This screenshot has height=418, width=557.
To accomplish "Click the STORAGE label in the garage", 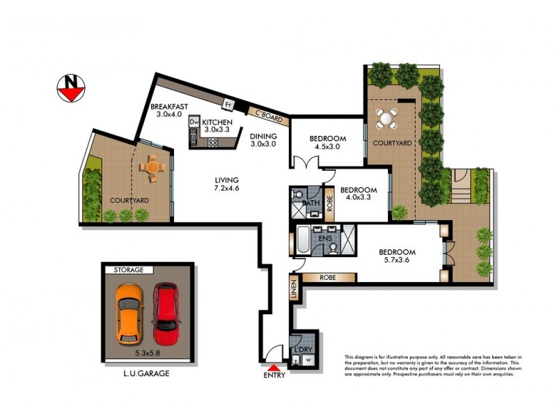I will [x=124, y=270].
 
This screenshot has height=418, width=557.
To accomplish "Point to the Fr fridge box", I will [x=227, y=106].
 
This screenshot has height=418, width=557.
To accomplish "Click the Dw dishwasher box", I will [x=194, y=122].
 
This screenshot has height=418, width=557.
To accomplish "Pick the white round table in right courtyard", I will [x=386, y=118].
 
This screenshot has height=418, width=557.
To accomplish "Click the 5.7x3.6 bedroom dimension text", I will [x=397, y=263].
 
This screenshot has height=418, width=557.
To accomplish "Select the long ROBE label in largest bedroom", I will [x=329, y=277].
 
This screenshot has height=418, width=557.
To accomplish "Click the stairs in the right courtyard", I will [x=461, y=187].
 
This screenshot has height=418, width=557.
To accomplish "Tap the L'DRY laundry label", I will [x=303, y=348].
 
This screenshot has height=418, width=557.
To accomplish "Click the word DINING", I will [x=264, y=137].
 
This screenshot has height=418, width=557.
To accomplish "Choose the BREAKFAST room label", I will [x=168, y=107].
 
